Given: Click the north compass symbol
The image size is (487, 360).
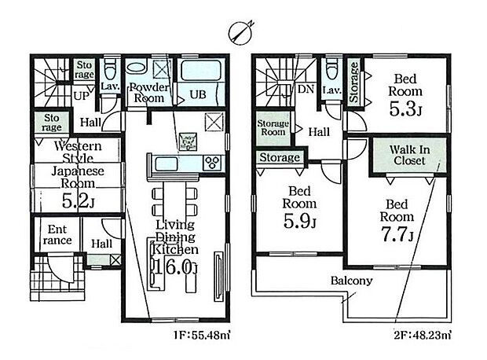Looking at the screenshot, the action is [240, 31].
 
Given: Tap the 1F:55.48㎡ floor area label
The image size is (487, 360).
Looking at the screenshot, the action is [203, 336].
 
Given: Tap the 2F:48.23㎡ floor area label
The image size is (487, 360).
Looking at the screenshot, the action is [423, 336].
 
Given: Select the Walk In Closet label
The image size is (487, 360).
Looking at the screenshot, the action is [409, 155].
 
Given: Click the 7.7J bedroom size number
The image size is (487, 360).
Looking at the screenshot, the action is [397, 235].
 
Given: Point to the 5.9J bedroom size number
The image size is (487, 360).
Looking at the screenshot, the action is [299, 222].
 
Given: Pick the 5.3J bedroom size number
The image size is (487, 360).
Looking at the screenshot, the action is [405, 109].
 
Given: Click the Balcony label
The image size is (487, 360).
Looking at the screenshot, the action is [351, 281].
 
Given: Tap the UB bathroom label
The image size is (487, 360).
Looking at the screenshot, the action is [198, 94].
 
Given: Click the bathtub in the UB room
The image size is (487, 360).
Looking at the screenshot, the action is [201, 71].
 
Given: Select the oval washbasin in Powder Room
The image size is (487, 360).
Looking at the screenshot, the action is [136, 68].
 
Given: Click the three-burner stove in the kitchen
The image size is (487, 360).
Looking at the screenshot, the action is [213, 163].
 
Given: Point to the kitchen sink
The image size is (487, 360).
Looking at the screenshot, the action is [167, 163].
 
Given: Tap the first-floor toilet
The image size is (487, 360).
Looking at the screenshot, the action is [109, 70].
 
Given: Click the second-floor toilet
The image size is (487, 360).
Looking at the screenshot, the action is [331, 69].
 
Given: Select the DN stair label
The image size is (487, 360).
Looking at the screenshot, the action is [306, 90].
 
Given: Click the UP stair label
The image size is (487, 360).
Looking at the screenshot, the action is [82, 96].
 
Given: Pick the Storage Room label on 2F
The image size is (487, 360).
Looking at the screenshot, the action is [273, 128].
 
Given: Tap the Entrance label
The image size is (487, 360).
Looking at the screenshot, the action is [57, 235].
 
